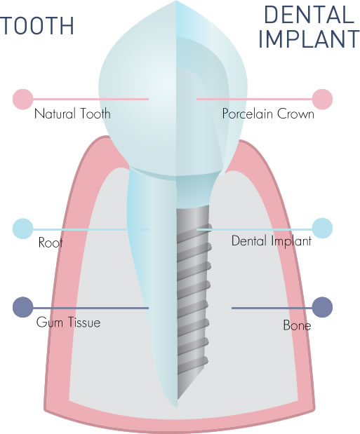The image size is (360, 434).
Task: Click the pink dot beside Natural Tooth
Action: point(22,99)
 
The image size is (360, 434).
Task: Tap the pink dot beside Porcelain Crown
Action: point(322,99)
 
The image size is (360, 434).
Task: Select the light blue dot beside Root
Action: point(22,229)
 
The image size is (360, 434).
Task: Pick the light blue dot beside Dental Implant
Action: point(322,228)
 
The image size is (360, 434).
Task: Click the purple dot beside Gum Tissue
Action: point(22,307)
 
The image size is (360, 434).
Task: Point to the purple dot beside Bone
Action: point(322,307)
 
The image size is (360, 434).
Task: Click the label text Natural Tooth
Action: point(72,114)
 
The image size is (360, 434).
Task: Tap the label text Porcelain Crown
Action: point(268,114)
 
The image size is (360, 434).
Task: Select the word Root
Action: point(50,243)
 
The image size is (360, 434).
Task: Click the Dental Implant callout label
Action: point(272,240)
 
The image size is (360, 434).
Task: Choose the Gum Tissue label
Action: point(68,323)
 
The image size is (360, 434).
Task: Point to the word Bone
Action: point(297,325)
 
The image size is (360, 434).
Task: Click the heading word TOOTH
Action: point(37,26)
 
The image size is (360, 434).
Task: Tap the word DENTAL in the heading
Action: point(309,15)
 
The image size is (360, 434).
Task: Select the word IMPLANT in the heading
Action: point(309,39)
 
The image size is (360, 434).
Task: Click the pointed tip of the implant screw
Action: point(178,399)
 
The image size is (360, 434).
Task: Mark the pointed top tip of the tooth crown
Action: point(176,1)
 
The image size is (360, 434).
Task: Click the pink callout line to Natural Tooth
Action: point(91,99)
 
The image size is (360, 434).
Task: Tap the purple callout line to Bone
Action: point(272,308)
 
